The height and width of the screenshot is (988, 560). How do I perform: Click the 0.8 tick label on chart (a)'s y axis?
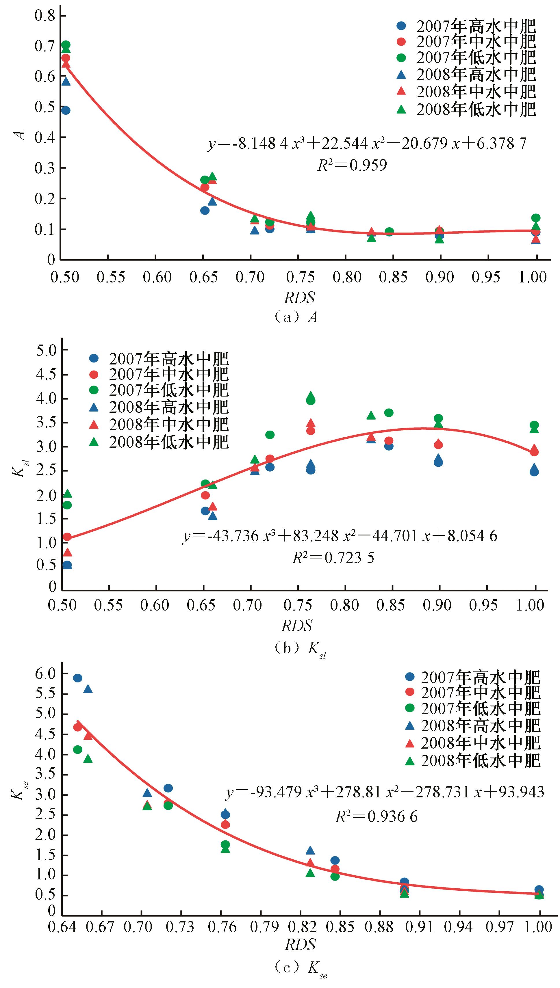click(45, 16)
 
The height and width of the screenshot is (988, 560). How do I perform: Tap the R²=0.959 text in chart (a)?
click(352, 165)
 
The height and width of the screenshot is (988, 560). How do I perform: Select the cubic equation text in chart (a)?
click(366, 144)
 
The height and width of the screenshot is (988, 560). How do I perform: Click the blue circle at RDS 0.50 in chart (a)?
click(66, 110)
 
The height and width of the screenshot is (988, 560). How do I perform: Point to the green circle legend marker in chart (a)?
click(401, 58)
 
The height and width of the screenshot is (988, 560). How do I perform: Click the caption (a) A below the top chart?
click(296, 317)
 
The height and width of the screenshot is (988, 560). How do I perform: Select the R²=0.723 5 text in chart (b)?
click(333, 558)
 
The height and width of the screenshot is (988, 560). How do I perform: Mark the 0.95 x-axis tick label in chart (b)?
click(483, 606)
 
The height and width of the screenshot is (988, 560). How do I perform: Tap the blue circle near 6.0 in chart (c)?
click(78, 678)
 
